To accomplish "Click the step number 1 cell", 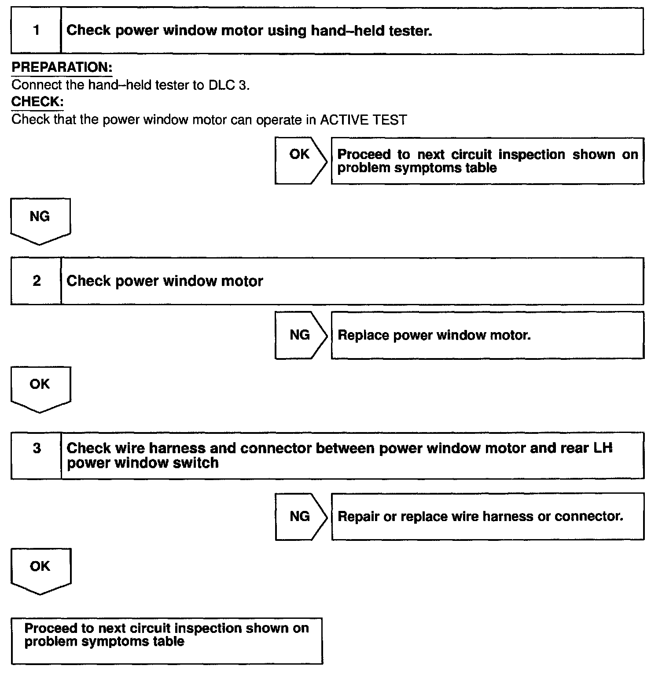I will (36, 30).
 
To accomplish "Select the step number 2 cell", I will (36, 281).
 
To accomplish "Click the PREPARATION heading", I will (62, 67).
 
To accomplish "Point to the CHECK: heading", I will (37, 102).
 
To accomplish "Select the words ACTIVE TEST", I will (363, 120).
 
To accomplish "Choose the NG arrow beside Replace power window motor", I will (300, 335).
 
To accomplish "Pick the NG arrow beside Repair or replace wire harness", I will (300, 516).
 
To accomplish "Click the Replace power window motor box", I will (487, 335).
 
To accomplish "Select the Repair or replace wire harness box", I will (487, 516).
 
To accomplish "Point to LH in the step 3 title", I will (603, 448).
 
